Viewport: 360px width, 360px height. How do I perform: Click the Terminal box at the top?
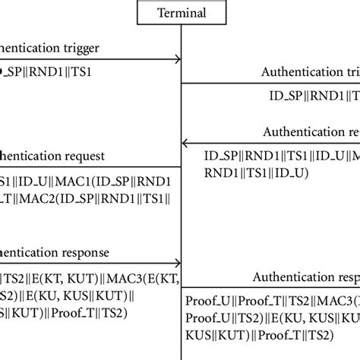pos(180,12)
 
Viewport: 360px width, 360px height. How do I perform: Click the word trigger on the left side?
pos(98,47)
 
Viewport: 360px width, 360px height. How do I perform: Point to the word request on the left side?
pos(102,156)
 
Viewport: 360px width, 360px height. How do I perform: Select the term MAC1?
pos(69,182)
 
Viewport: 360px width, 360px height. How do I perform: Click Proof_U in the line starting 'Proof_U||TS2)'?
pos(207,316)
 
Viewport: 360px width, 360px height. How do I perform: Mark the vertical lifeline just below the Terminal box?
pos(180,34)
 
